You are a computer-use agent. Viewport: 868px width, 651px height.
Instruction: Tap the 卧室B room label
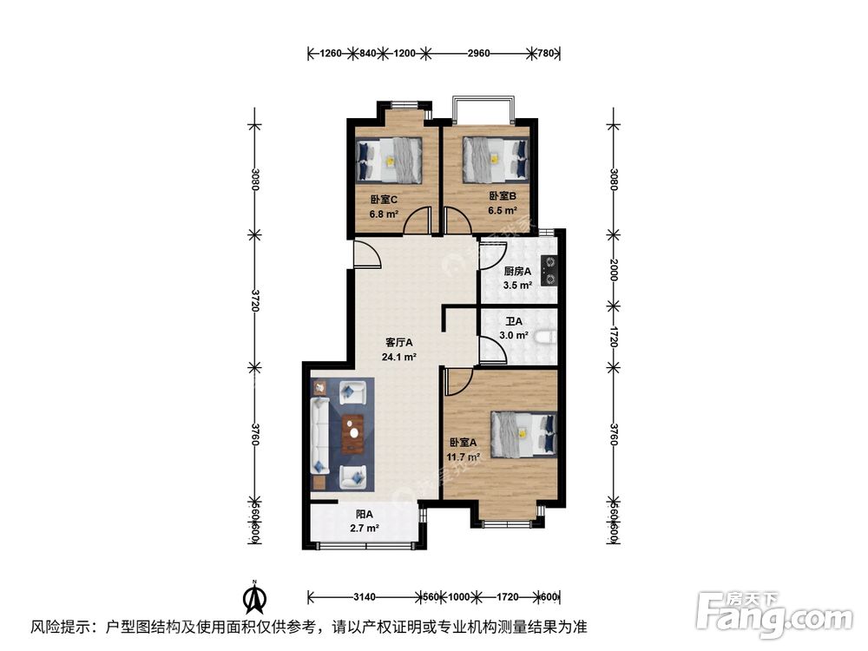pos(503,196)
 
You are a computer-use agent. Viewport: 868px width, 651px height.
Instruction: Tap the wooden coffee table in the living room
pos(352,435)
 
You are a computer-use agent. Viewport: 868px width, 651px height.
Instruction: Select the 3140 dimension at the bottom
pos(364,597)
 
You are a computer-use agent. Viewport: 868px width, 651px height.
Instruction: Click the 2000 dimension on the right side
pos(613,269)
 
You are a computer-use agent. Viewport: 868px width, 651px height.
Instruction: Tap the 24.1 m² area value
pos(398,356)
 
